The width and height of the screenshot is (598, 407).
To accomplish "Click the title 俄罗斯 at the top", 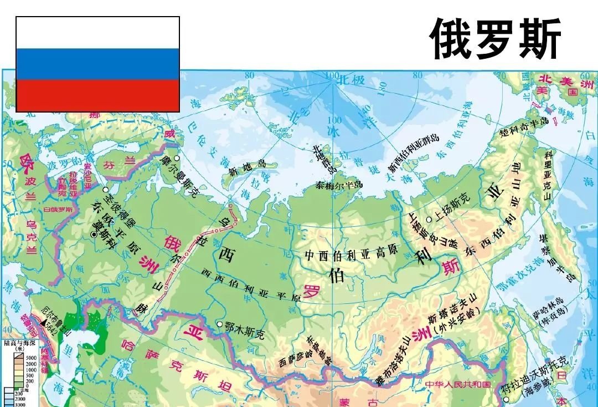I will click(496, 39).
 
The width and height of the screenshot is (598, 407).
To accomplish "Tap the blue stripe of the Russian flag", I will click(97, 64).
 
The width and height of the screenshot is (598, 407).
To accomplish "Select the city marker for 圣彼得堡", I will click(105, 190).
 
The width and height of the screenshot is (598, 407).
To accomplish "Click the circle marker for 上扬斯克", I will click(429, 219).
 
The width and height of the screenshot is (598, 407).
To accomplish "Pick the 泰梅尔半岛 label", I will click(339, 185).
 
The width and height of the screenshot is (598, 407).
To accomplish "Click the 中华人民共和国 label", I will click(458, 384).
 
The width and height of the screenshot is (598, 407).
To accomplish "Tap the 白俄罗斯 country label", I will click(59, 210).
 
